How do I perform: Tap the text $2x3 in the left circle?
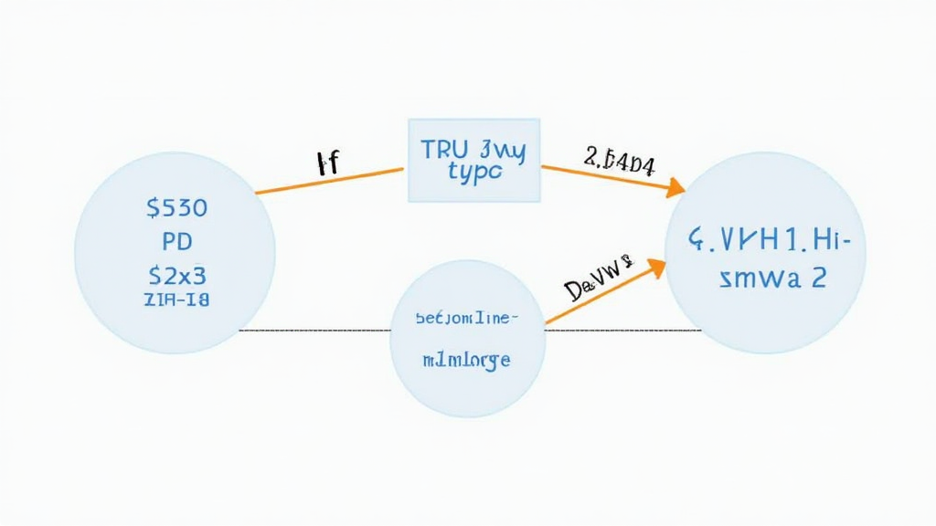(x=176, y=274)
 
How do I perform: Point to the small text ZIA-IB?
(x=176, y=300)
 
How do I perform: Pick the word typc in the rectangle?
(x=475, y=173)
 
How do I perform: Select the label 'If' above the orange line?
(x=326, y=164)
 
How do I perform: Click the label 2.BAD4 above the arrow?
(x=619, y=161)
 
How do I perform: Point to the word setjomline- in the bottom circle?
(x=466, y=318)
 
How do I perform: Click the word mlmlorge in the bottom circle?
(x=466, y=360)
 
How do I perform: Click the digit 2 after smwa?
(x=817, y=278)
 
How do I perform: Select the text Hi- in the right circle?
(x=831, y=241)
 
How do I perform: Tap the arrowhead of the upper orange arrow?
(x=676, y=188)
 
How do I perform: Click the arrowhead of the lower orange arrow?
(x=657, y=267)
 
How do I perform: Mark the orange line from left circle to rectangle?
(x=329, y=180)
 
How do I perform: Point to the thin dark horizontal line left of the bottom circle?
(x=311, y=330)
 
